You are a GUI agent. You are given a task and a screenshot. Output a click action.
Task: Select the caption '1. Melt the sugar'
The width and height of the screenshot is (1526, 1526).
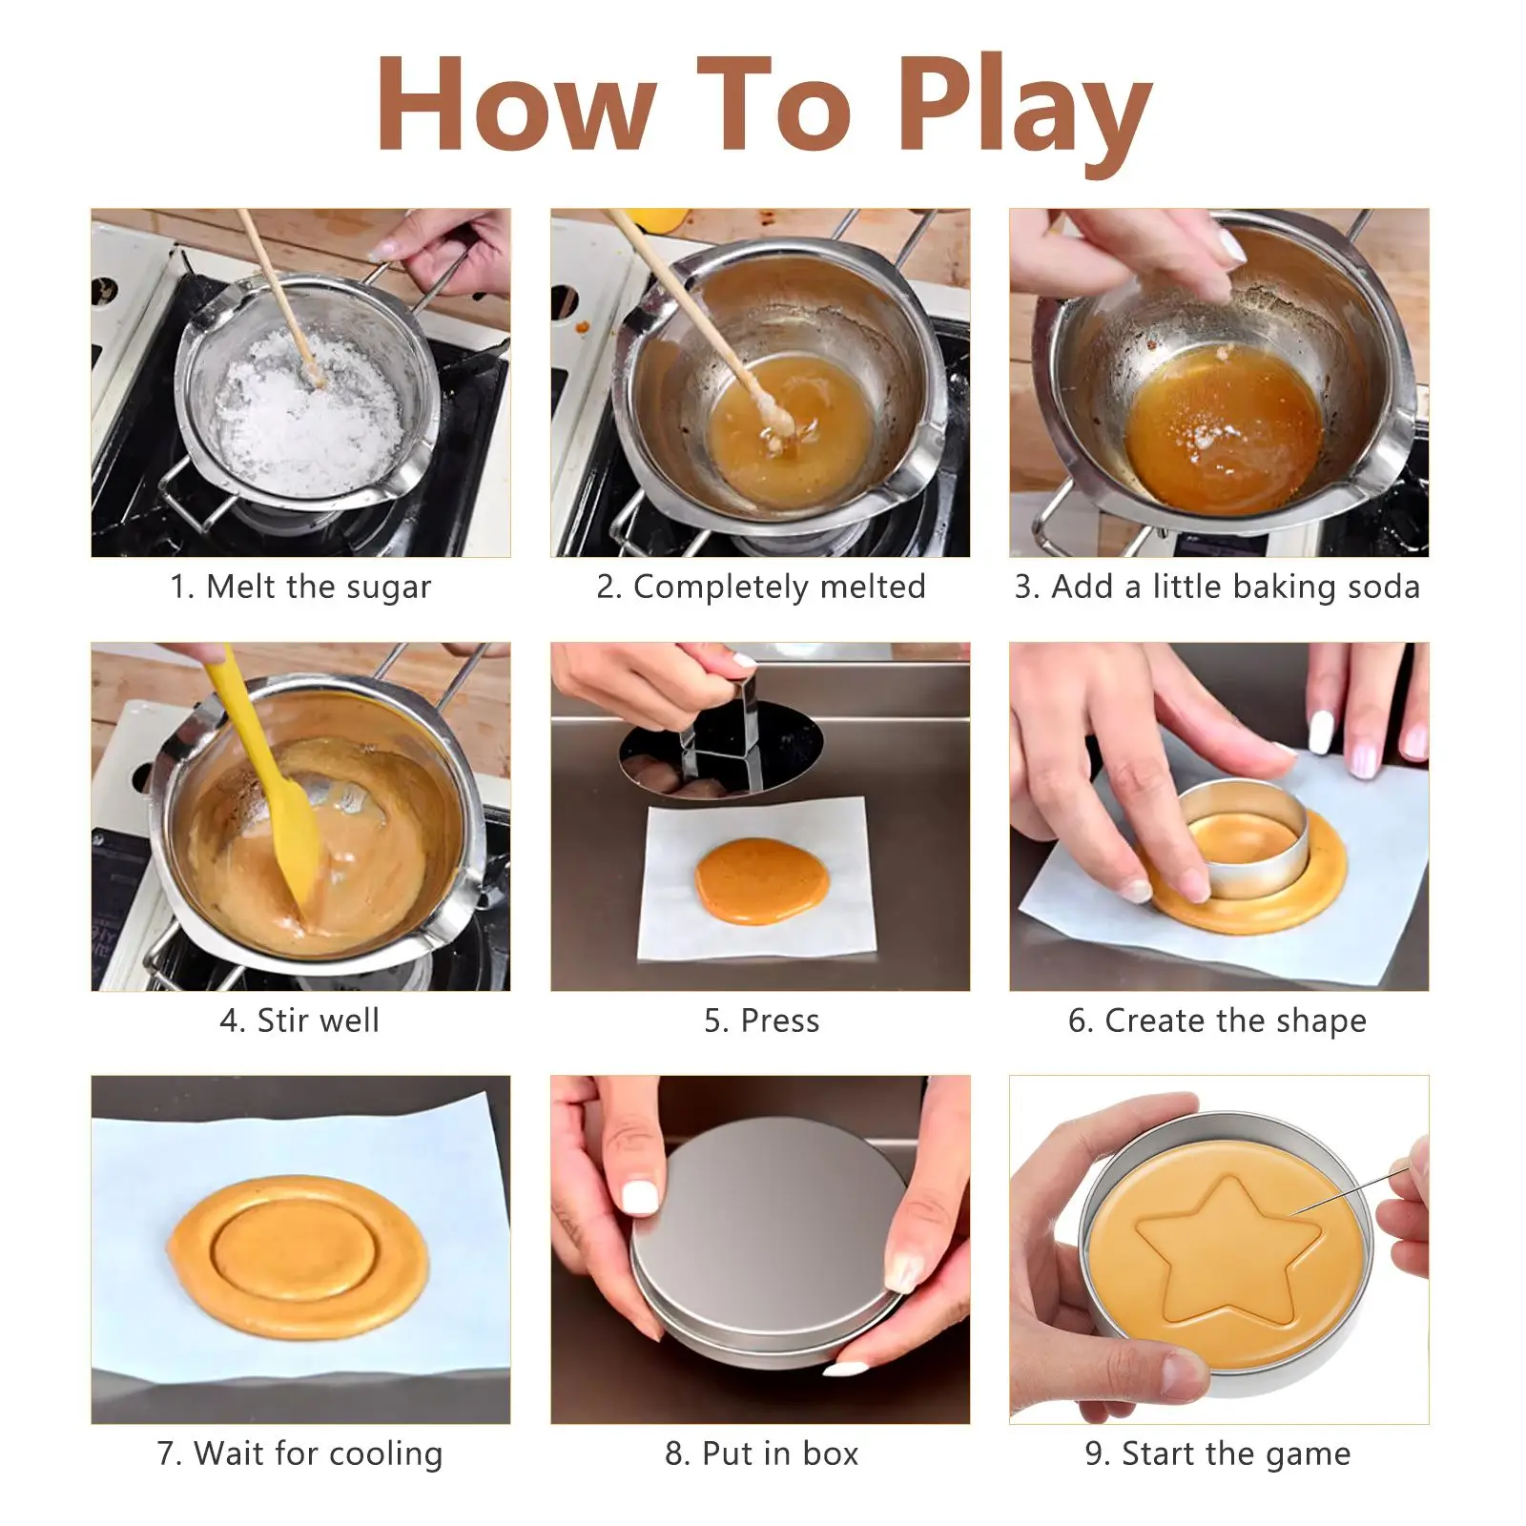tap(300, 587)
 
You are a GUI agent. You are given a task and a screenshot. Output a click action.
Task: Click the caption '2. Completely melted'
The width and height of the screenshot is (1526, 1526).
tap(761, 587)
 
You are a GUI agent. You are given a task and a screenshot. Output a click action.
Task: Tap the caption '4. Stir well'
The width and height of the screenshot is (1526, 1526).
tap(300, 1020)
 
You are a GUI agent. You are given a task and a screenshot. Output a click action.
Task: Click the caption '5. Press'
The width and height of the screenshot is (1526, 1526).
tap(761, 1021)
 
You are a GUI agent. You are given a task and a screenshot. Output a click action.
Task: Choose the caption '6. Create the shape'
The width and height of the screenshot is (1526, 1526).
tap(1218, 1021)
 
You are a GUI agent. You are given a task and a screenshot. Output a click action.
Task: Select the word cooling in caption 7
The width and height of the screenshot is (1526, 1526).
tap(379, 1454)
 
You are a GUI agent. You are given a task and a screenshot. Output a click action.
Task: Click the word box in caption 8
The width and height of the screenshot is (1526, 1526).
tap(830, 1454)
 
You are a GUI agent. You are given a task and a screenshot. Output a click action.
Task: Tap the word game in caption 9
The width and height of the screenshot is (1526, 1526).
tap(1308, 1455)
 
